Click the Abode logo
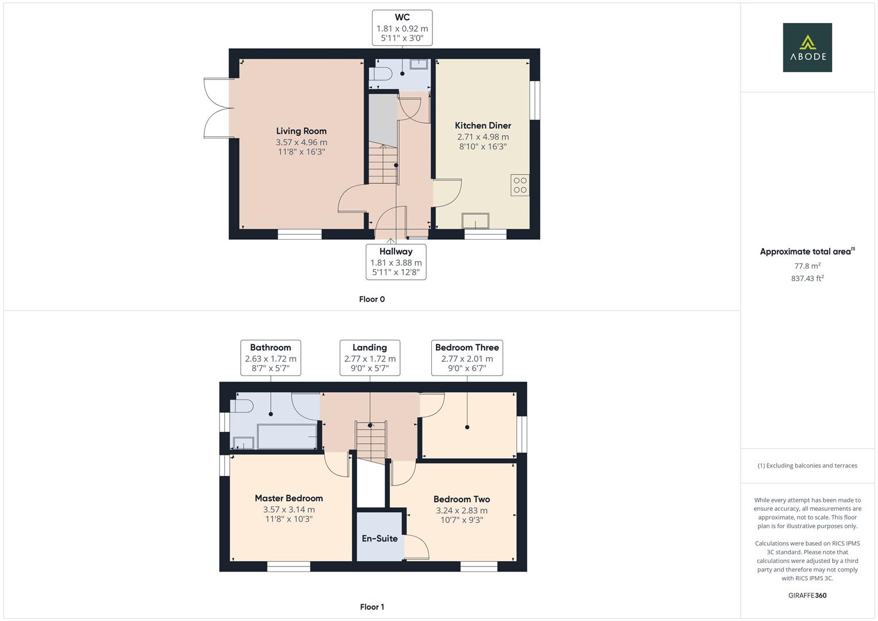[x=807, y=47]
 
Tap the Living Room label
[x=301, y=131]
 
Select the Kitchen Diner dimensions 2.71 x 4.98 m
[x=483, y=137]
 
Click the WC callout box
[x=402, y=28]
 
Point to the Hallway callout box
[x=396, y=262]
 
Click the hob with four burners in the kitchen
[x=520, y=185]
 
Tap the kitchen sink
[x=476, y=221]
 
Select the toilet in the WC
[x=381, y=74]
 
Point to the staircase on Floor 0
[x=383, y=164]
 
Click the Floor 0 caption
[x=372, y=299]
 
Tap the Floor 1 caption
[x=372, y=607]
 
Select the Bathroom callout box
[x=270, y=358]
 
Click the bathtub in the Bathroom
[x=287, y=436]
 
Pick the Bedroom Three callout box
[x=467, y=358]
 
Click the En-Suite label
[x=379, y=538]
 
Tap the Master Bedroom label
[x=289, y=499]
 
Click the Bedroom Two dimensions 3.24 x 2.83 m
[x=462, y=511]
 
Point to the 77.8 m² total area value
[x=807, y=266]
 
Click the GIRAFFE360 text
[x=807, y=595]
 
